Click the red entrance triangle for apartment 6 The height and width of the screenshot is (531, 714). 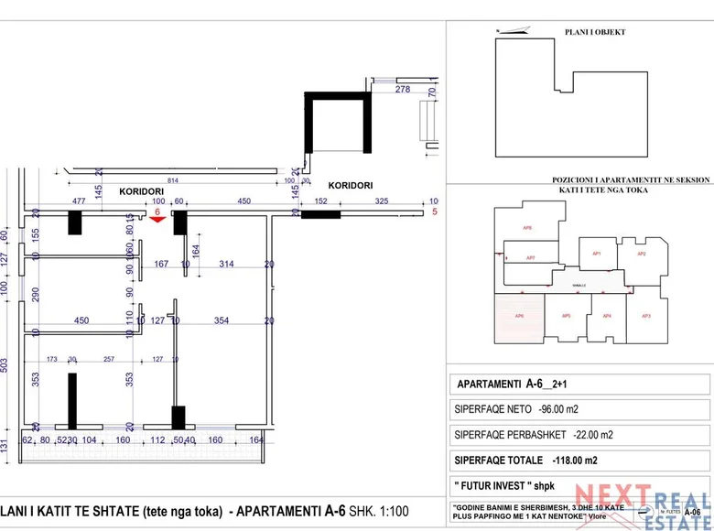(157, 218)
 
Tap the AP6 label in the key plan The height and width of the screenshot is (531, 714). (519, 316)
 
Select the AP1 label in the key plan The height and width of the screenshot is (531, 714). (596, 253)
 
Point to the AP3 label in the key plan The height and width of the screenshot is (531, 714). (646, 316)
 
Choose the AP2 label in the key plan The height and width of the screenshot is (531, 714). (642, 254)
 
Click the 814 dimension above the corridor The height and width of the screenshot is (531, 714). (173, 180)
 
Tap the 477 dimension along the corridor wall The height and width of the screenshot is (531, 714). (79, 201)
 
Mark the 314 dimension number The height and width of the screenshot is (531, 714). (226, 265)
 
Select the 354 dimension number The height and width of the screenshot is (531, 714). (221, 320)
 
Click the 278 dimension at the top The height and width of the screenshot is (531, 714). (402, 90)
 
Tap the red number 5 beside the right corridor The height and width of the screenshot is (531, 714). (435, 212)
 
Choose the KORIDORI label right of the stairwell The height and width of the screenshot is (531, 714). (351, 185)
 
